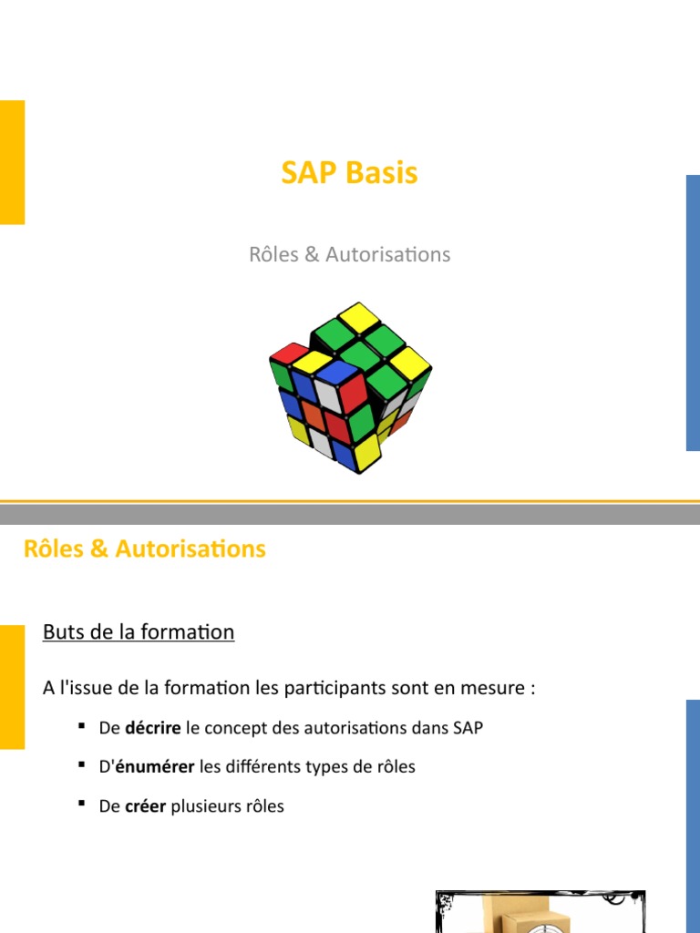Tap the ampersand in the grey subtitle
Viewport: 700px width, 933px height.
pos(310,254)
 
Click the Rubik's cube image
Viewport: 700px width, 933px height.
pos(350,387)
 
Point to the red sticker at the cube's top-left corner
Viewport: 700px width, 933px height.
pos(288,354)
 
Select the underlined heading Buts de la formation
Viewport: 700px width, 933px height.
pos(139,631)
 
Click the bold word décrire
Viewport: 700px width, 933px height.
pos(153,728)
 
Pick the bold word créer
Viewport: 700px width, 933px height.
pos(146,806)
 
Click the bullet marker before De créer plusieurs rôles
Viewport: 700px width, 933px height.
pos(81,804)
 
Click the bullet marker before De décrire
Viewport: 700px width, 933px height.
pos(81,725)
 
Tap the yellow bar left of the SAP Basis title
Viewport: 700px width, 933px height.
pos(12,162)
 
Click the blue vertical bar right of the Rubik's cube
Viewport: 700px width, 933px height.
pos(693,313)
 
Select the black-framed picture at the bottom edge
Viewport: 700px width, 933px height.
pos(540,912)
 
